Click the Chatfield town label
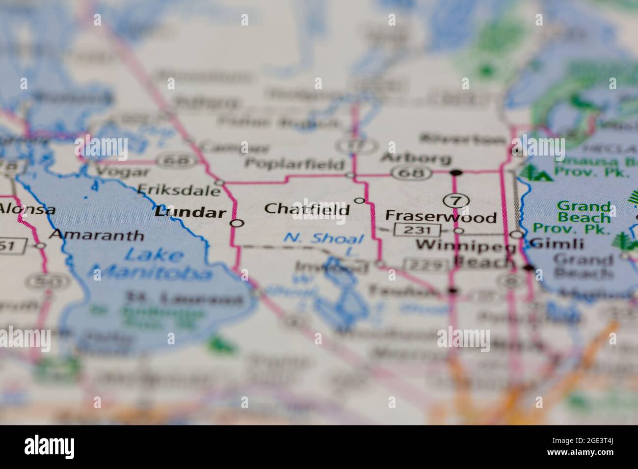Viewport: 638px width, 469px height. pyautogui.click(x=307, y=209)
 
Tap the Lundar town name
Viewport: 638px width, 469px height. pyautogui.click(x=190, y=213)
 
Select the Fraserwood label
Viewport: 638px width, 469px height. pyautogui.click(x=441, y=216)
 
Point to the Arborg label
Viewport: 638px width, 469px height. pyautogui.click(x=416, y=158)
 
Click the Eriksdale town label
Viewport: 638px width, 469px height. pyautogui.click(x=179, y=189)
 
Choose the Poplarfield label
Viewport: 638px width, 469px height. pyautogui.click(x=294, y=164)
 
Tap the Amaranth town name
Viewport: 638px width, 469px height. pyautogui.click(x=97, y=235)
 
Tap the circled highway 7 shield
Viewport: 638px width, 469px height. pyautogui.click(x=456, y=200)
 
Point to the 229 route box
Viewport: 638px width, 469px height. pyautogui.click(x=425, y=265)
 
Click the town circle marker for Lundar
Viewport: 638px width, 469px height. pyautogui.click(x=238, y=224)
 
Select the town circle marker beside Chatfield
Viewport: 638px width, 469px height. pyautogui.click(x=359, y=200)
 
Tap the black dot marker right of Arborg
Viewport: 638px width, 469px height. pyautogui.click(x=456, y=173)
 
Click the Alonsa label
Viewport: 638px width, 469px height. pyautogui.click(x=27, y=209)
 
